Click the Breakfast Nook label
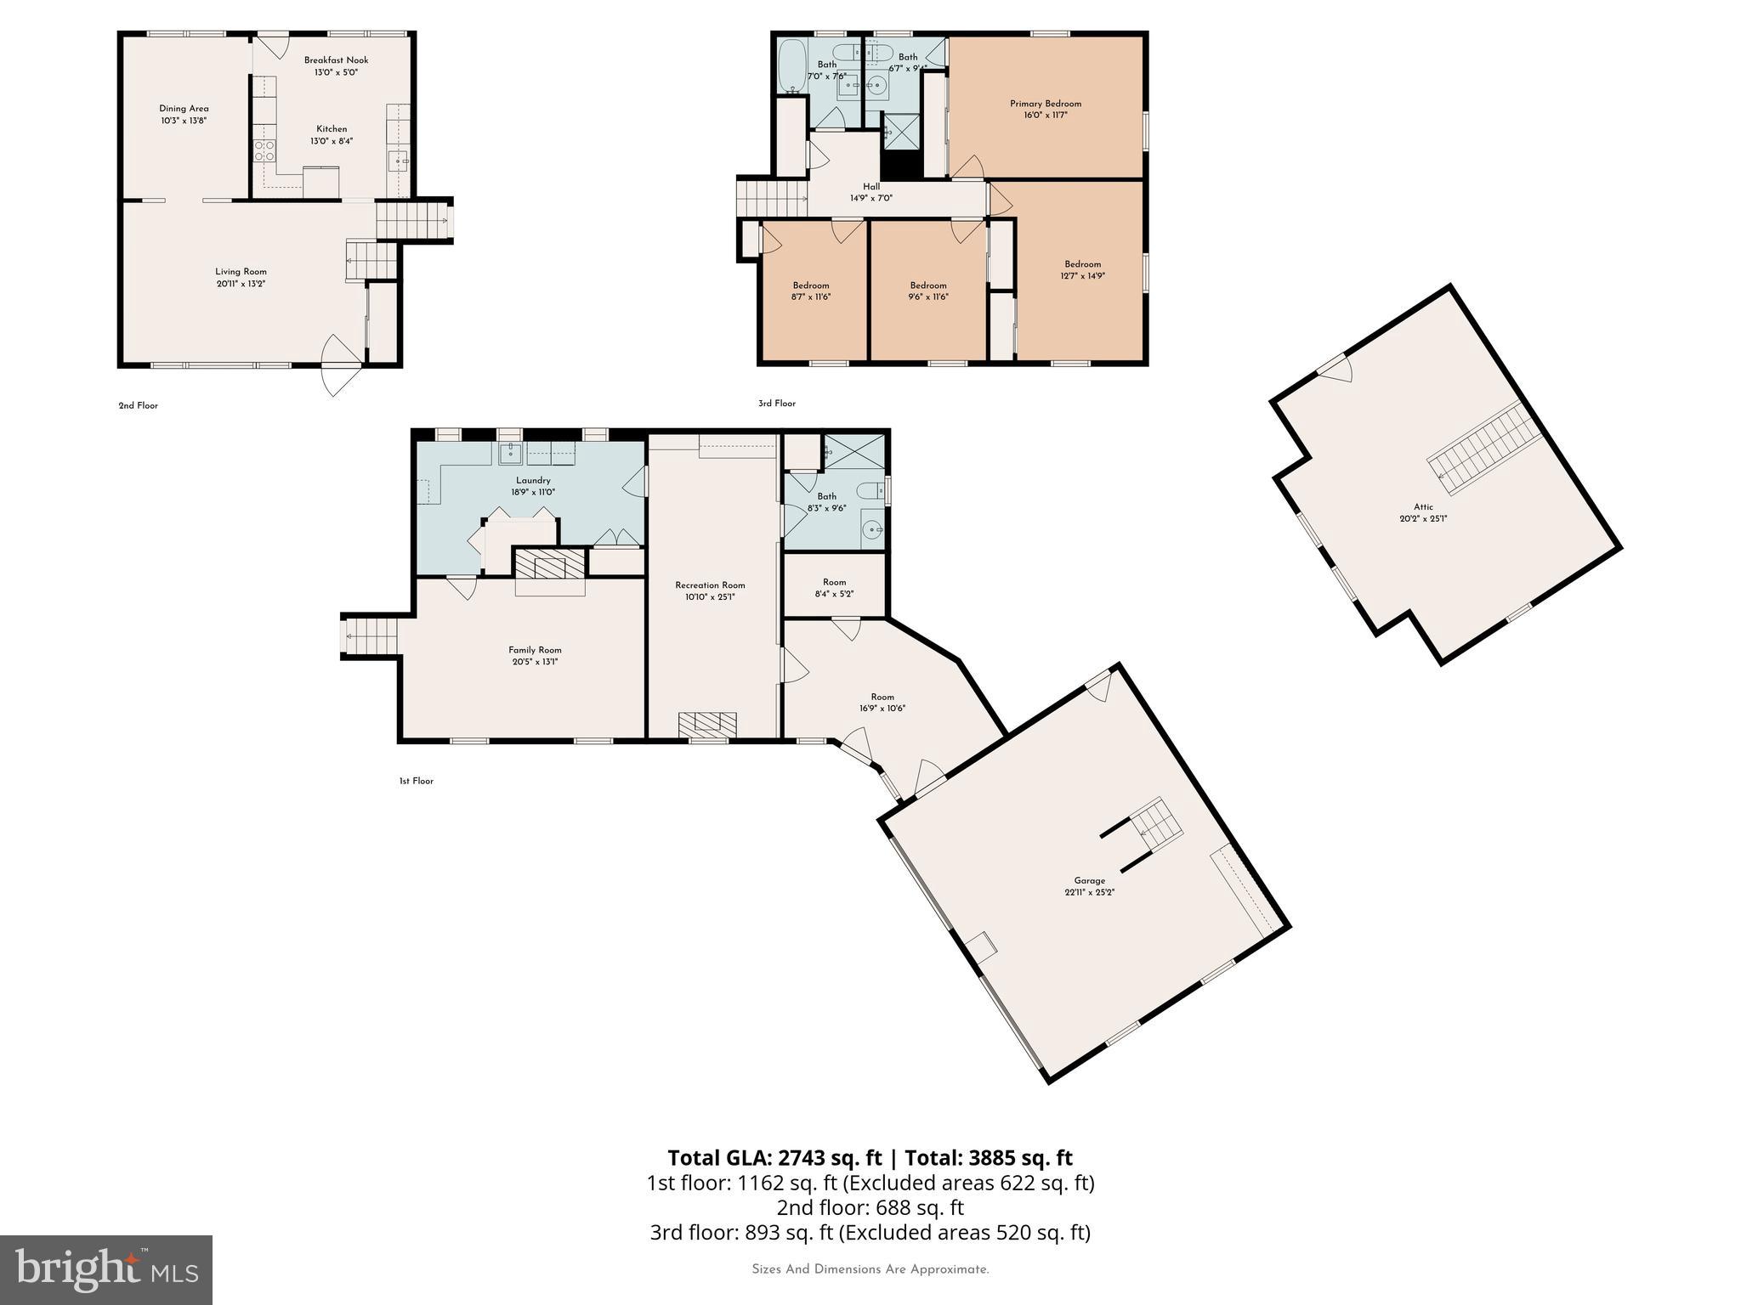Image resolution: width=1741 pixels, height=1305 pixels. [x=336, y=60]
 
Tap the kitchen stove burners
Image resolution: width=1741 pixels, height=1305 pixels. [x=264, y=151]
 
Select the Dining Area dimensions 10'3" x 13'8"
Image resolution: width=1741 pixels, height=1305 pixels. [x=184, y=121]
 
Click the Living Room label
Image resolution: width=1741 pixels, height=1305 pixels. [x=241, y=272]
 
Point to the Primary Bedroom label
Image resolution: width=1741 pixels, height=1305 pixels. [x=1046, y=104]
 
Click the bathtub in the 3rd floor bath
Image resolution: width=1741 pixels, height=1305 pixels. [x=792, y=66]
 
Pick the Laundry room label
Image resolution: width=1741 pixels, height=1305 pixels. [x=533, y=480]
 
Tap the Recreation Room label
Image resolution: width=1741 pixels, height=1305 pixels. [x=710, y=585]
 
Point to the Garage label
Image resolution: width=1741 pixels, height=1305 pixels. [x=1089, y=880]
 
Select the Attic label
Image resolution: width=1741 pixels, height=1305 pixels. [x=1423, y=507]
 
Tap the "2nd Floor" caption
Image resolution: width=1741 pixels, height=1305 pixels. [x=138, y=405]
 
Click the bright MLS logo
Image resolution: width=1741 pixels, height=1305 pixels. [x=106, y=1269]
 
